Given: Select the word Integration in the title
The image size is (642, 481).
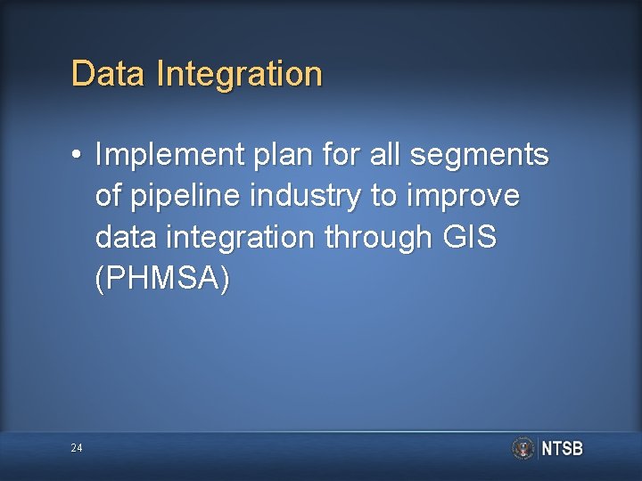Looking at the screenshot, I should [239, 75].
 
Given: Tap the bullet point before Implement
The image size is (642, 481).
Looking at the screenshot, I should [78, 156].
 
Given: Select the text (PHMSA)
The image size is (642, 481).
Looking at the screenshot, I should [162, 279].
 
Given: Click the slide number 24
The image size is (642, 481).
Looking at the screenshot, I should [77, 448].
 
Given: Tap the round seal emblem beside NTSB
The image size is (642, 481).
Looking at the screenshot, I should [523, 448].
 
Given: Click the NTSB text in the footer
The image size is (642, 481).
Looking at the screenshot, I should [562, 449].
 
